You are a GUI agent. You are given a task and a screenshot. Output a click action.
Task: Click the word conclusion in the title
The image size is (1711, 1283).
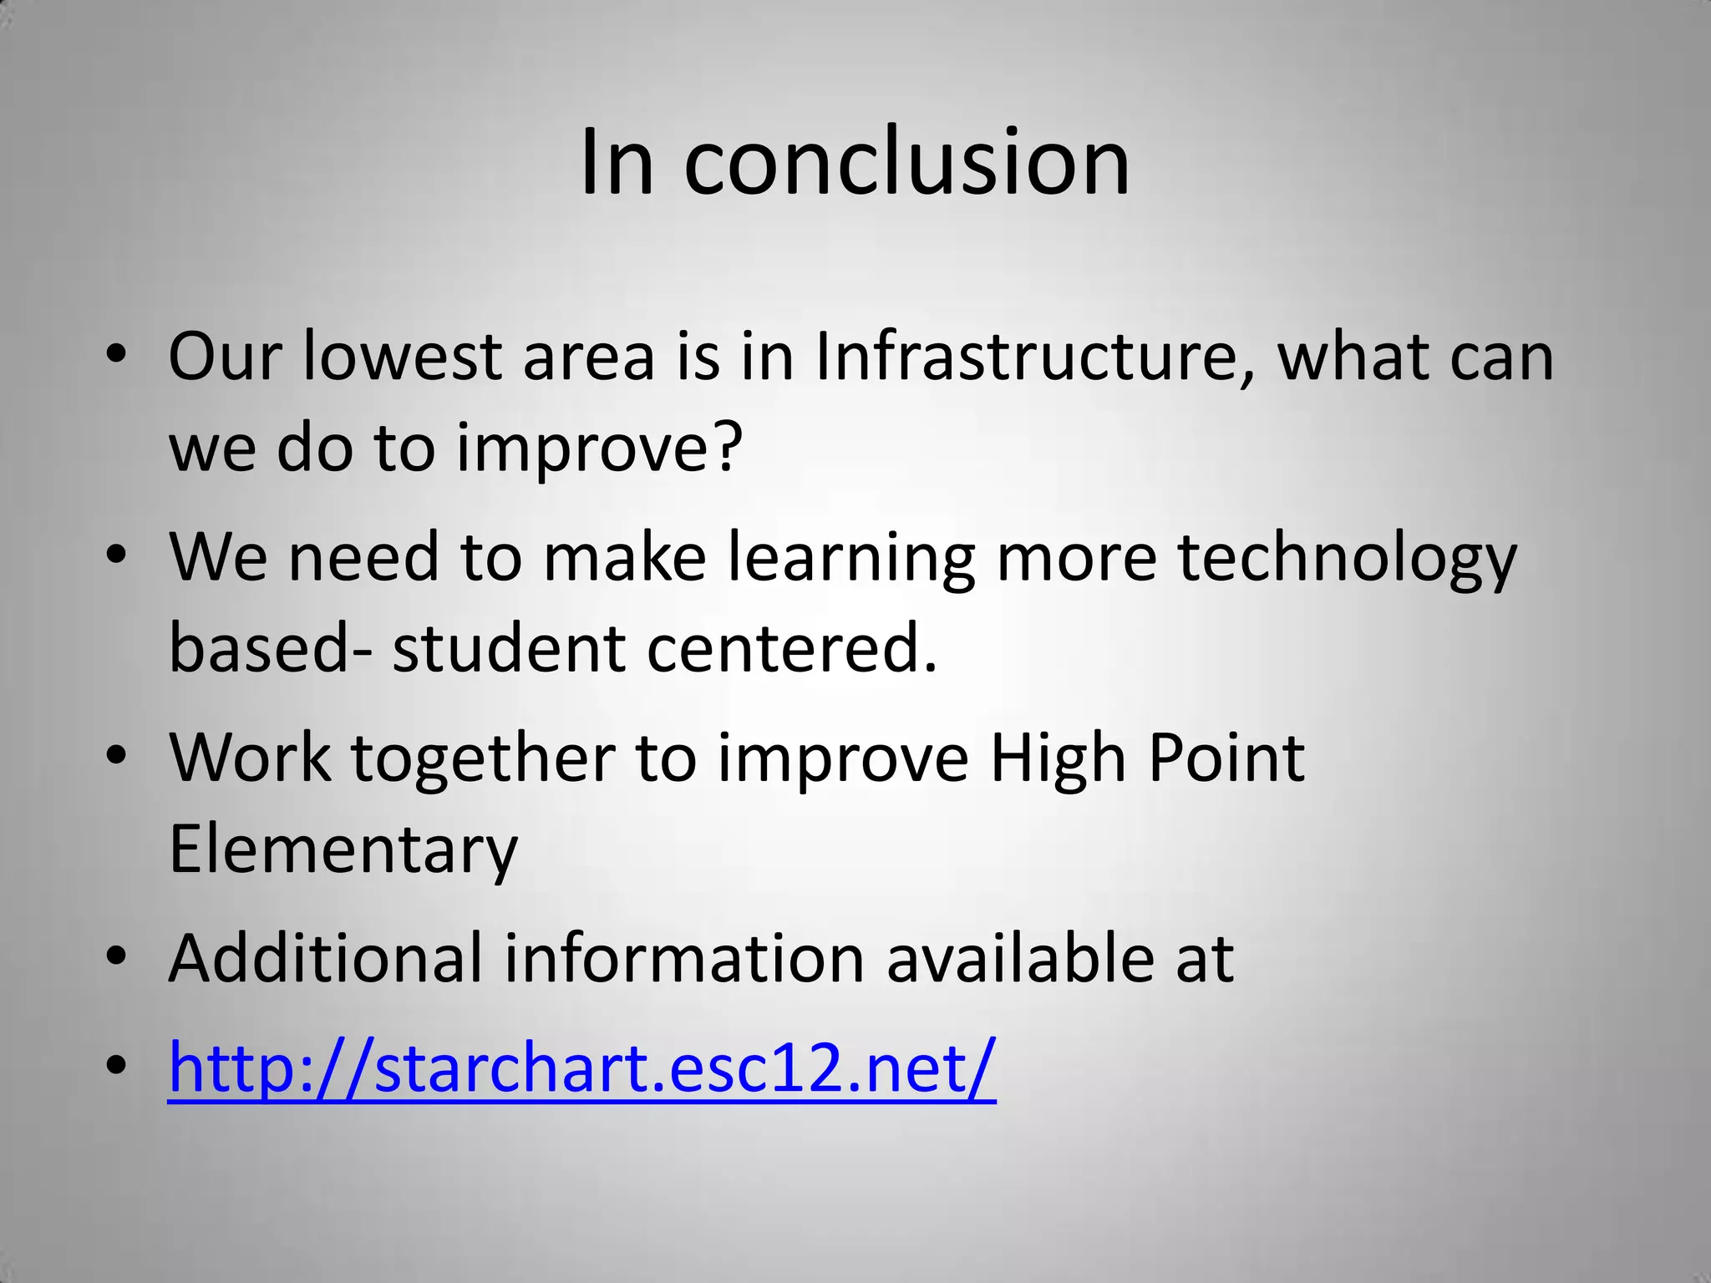906,163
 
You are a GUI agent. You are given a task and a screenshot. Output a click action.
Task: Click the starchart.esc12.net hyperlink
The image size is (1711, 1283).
582,1067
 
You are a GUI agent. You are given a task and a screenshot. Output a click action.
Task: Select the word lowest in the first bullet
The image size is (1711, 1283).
402,357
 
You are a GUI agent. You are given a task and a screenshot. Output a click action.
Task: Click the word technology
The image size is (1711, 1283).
1347,558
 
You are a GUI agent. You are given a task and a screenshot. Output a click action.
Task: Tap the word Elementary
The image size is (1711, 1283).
343,849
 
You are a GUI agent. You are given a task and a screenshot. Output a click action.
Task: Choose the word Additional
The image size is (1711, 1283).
326,957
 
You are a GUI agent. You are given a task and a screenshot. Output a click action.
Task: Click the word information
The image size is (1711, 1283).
684,957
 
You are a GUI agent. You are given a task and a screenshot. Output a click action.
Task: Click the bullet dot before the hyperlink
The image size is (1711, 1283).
116,1066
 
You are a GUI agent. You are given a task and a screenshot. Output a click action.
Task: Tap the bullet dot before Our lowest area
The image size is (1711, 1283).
116,357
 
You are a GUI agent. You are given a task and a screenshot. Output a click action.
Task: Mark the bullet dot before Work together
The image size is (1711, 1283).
116,757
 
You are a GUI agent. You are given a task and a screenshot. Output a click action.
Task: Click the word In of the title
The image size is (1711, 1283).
617,163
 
